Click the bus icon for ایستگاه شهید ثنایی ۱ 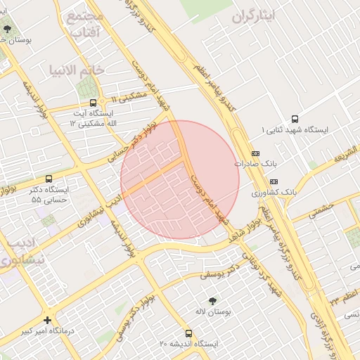coord(294,120)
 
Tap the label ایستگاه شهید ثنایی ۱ coord(294,131)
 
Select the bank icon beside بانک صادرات coord(255,153)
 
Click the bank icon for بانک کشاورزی coord(274,181)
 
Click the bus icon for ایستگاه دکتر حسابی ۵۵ coord(49,179)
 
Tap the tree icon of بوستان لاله coord(212,300)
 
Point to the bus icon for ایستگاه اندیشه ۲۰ coord(188,333)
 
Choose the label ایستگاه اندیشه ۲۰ coord(188,344)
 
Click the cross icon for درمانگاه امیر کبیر coord(47,319)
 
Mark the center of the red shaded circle coord(180,180)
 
